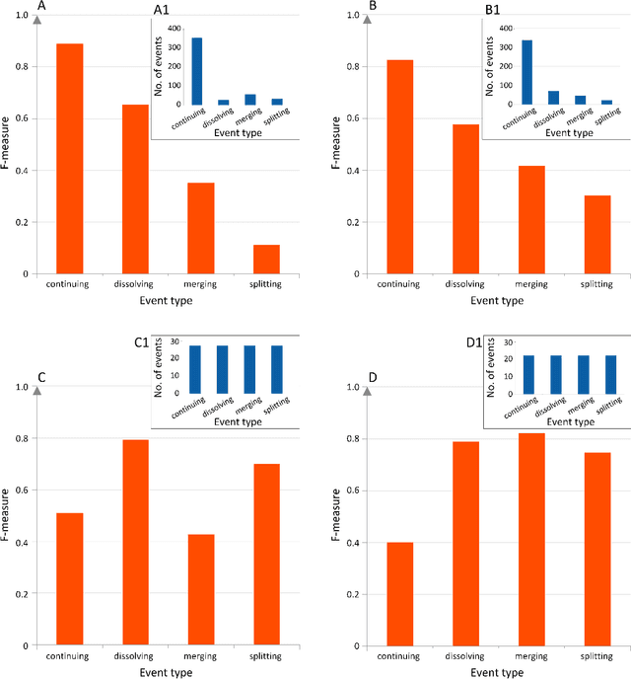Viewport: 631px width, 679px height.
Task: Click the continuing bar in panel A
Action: tap(69, 158)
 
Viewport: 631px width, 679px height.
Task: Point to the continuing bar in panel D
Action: tap(399, 593)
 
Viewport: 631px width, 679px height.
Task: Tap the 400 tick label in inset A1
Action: tap(173, 29)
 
